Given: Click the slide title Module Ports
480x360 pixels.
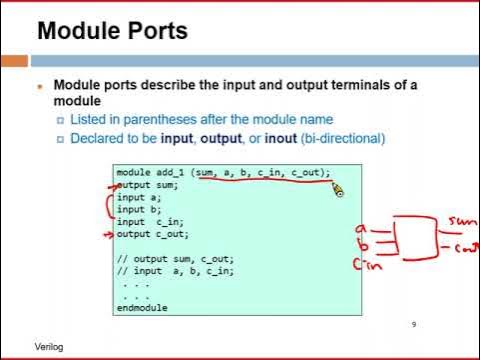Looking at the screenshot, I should click(x=111, y=31).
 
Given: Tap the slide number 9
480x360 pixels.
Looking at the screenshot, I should click(x=413, y=324).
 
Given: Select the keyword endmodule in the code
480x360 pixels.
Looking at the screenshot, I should click(x=141, y=308).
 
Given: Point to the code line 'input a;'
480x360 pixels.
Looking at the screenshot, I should click(x=139, y=197).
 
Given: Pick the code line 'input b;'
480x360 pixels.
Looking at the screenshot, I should click(x=139, y=209).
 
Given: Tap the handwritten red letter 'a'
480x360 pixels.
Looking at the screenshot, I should click(x=360, y=229).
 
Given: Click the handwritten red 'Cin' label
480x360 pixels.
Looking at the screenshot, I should click(x=364, y=263).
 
